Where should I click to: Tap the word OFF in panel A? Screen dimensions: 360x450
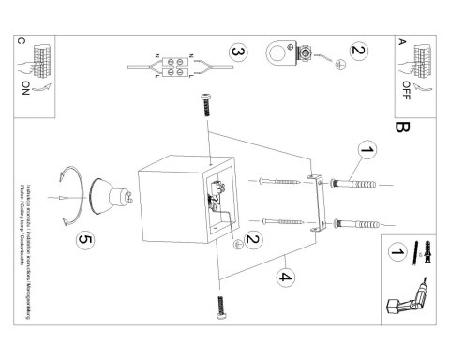pyautogui.click(x=405, y=89)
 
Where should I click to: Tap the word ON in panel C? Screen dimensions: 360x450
pyautogui.click(x=23, y=89)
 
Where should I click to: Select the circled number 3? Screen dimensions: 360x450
pyautogui.click(x=240, y=52)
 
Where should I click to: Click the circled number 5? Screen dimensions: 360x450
pyautogui.click(x=86, y=241)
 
